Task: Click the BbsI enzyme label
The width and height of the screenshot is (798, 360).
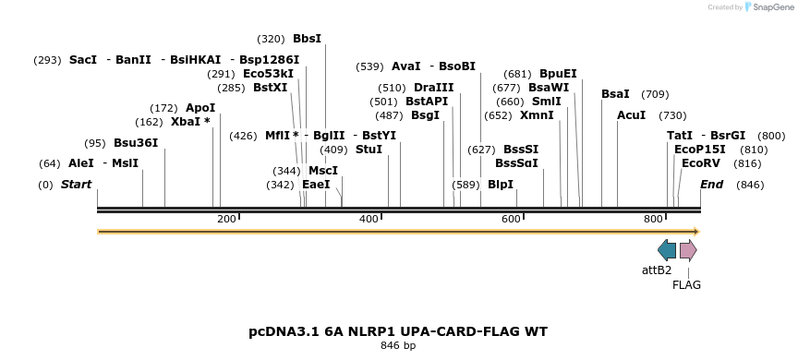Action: tap(307, 39)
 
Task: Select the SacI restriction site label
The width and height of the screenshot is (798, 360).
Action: tap(83, 60)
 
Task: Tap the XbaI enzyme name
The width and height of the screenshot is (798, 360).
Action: tap(186, 122)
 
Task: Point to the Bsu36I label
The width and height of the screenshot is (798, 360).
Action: tap(136, 143)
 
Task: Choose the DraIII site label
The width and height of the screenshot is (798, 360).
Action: tap(434, 88)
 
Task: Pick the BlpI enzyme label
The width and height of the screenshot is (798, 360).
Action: tap(500, 185)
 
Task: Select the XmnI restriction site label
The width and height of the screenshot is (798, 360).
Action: tap(537, 115)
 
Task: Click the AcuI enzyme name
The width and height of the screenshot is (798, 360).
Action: tap(632, 115)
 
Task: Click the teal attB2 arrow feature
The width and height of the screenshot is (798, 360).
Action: tap(667, 250)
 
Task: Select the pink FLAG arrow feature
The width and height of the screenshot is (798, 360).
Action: tap(688, 250)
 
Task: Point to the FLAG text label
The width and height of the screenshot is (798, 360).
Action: tap(686, 285)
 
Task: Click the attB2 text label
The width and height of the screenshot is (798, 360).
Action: tap(657, 270)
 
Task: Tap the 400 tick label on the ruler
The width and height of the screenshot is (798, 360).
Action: tap(369, 219)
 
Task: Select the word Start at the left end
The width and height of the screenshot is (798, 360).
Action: tap(76, 185)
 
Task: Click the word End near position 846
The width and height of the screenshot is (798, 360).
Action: tap(711, 185)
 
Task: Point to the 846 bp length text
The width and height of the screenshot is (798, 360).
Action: tap(398, 346)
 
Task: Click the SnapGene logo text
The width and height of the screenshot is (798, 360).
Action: tap(772, 6)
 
